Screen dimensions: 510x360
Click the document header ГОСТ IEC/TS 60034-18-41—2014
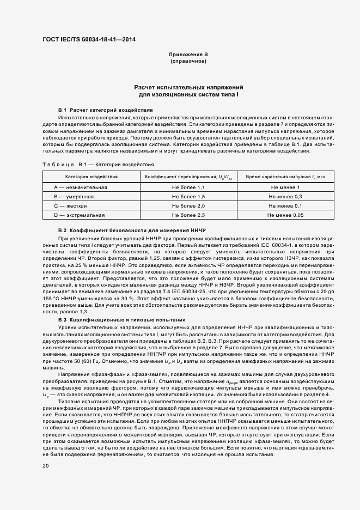point(89,40)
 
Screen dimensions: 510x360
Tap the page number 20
point(46,466)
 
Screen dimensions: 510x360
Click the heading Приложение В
point(188,55)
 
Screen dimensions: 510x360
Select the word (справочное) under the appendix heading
point(188,62)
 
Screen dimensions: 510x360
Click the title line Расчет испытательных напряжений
point(188,87)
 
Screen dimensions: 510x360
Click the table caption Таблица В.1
point(98,164)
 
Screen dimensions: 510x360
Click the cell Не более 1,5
point(188,197)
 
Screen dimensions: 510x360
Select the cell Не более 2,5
point(188,216)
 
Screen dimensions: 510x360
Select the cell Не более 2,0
point(188,206)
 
